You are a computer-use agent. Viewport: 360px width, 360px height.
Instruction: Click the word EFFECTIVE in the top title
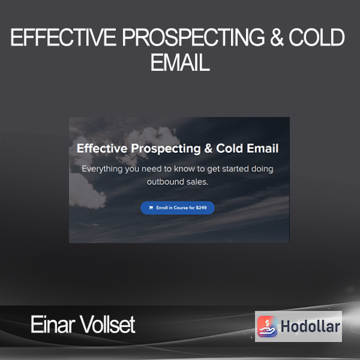[63, 37]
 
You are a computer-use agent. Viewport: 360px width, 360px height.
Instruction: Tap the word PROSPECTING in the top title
[193, 37]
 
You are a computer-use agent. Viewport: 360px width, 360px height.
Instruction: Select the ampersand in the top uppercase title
[277, 37]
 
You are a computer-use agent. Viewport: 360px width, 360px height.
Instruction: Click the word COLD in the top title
[317, 37]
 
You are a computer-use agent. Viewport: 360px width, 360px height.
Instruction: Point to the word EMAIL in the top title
[180, 62]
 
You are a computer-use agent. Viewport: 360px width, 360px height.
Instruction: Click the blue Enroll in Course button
[178, 208]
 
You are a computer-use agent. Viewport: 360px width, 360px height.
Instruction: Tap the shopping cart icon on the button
[151, 208]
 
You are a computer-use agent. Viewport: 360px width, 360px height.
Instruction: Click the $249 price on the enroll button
[201, 208]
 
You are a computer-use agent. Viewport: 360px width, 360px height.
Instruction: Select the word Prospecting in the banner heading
[166, 149]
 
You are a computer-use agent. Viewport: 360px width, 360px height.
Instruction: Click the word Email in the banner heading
[263, 148]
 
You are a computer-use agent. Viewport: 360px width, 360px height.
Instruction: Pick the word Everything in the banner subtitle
[102, 169]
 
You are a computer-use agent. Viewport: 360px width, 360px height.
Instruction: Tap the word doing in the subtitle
[262, 169]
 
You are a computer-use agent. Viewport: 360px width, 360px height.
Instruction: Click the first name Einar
[53, 324]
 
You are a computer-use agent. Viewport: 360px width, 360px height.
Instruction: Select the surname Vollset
[107, 324]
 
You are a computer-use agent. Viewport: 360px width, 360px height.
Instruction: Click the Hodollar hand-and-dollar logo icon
[267, 326]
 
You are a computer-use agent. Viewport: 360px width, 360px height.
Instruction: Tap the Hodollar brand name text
[310, 326]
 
